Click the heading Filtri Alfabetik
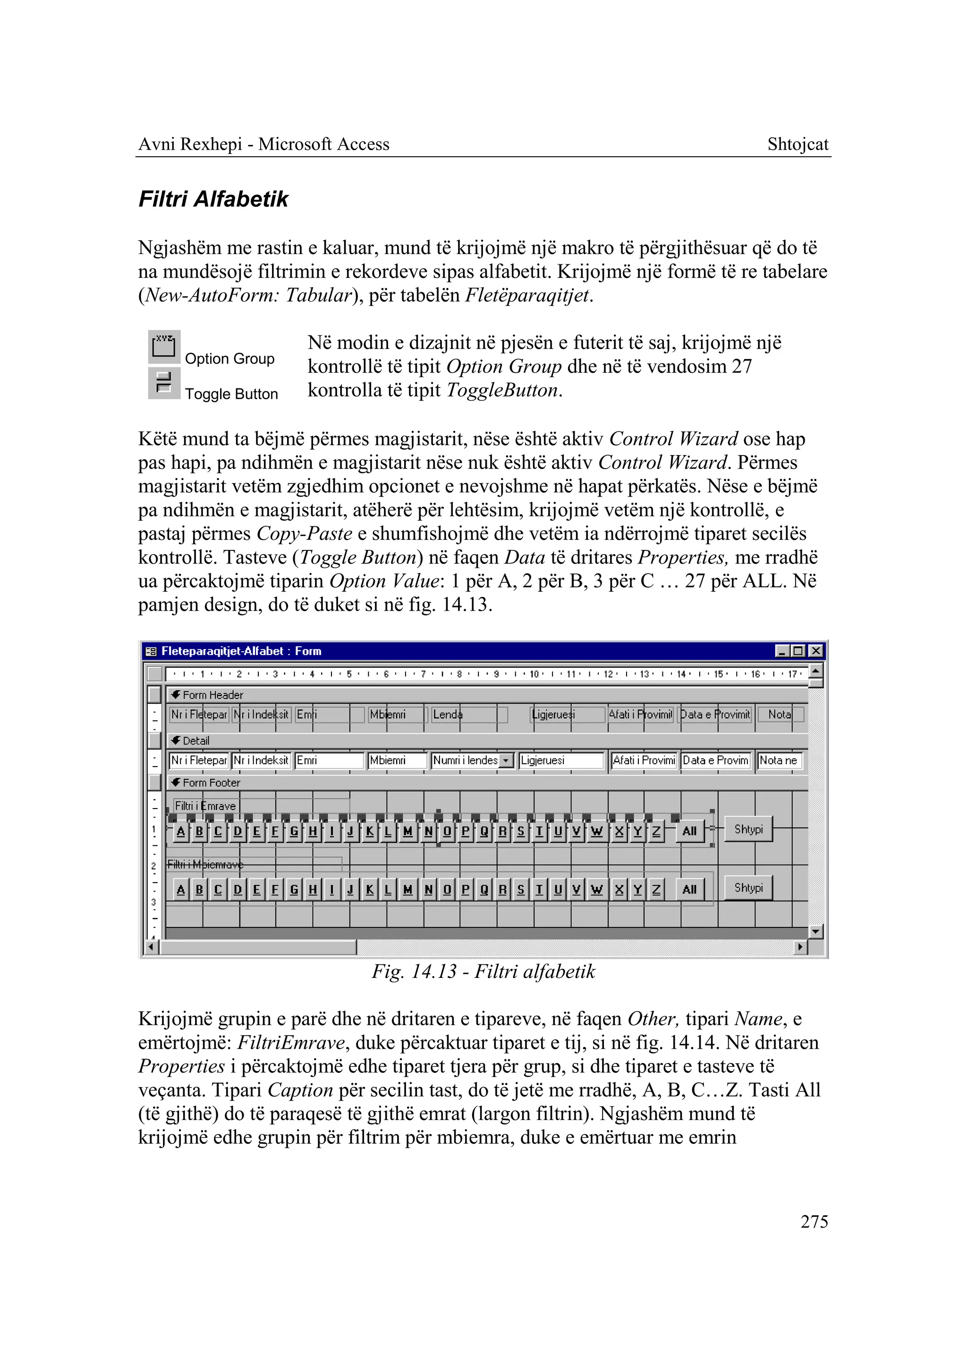coord(213,199)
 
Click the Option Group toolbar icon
coord(164,346)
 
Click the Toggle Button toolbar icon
coord(164,382)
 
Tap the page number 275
coord(814,1222)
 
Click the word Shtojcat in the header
coord(797,144)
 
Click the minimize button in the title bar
coord(782,651)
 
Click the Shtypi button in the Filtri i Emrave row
coord(748,829)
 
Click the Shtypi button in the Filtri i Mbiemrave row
coord(748,887)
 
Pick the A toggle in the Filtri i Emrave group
coord(181,831)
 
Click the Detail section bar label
coord(196,741)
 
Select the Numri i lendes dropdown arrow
coord(506,761)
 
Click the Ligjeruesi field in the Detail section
coord(561,761)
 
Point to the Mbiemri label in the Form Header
coord(388,714)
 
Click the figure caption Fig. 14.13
coord(483,971)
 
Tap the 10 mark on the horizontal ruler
coord(534,674)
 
